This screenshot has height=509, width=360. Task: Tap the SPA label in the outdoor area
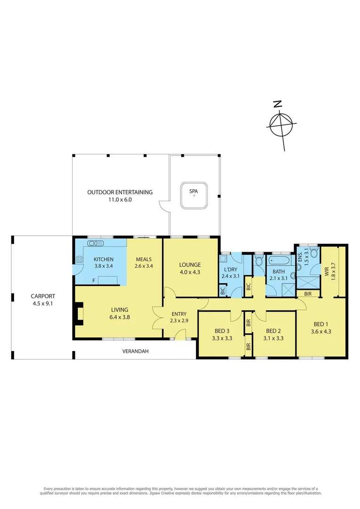point(193,191)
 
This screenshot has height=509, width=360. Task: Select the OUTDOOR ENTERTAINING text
point(120,192)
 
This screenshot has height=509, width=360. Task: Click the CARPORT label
point(43,296)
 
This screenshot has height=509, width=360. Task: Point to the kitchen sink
point(96,243)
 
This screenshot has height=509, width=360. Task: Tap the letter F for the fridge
point(94,280)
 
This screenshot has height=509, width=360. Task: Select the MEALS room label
point(143,259)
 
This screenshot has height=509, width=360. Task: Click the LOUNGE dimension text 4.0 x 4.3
point(189,272)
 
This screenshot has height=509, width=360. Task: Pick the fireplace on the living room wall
point(78,314)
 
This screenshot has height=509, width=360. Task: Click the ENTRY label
point(179,314)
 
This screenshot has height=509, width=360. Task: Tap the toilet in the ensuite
point(315,257)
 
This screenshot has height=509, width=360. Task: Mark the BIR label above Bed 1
point(307,294)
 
